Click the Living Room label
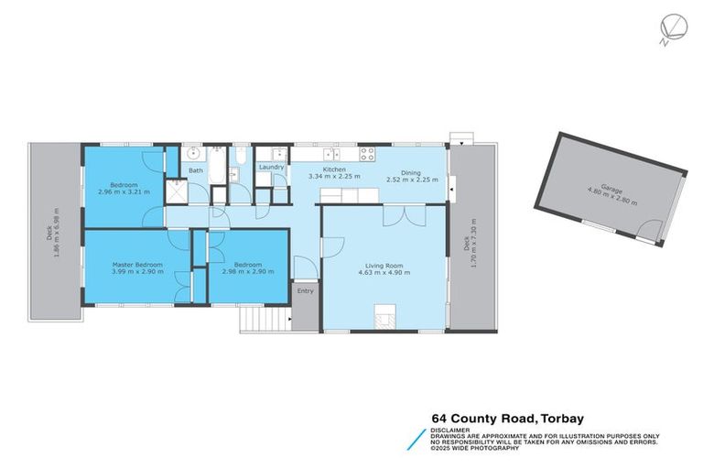click(x=384, y=266)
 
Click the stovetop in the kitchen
click(x=367, y=154)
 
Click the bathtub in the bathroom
click(x=218, y=167)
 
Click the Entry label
click(x=305, y=291)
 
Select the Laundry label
click(x=271, y=168)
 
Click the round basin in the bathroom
click(x=193, y=154)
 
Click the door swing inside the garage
click(x=651, y=232)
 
